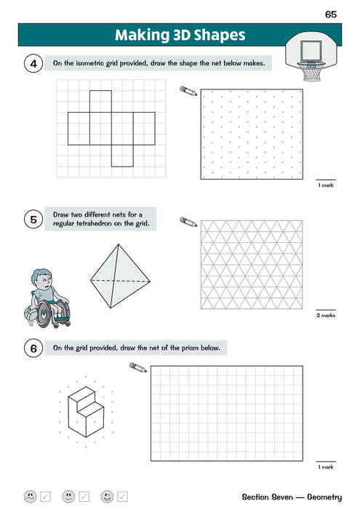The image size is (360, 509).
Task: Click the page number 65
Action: pyautogui.click(x=331, y=14)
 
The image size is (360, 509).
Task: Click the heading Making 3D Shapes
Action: pyautogui.click(x=180, y=35)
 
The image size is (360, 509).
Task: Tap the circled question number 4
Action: pyautogui.click(x=33, y=65)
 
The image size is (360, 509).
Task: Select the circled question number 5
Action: pyautogui.click(x=33, y=219)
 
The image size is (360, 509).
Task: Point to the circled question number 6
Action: pyautogui.click(x=33, y=349)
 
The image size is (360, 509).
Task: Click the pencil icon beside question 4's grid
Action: pyautogui.click(x=188, y=91)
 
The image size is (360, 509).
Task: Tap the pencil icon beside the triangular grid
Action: pyautogui.click(x=188, y=221)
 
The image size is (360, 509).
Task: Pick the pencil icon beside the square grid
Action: pyautogui.click(x=138, y=368)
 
